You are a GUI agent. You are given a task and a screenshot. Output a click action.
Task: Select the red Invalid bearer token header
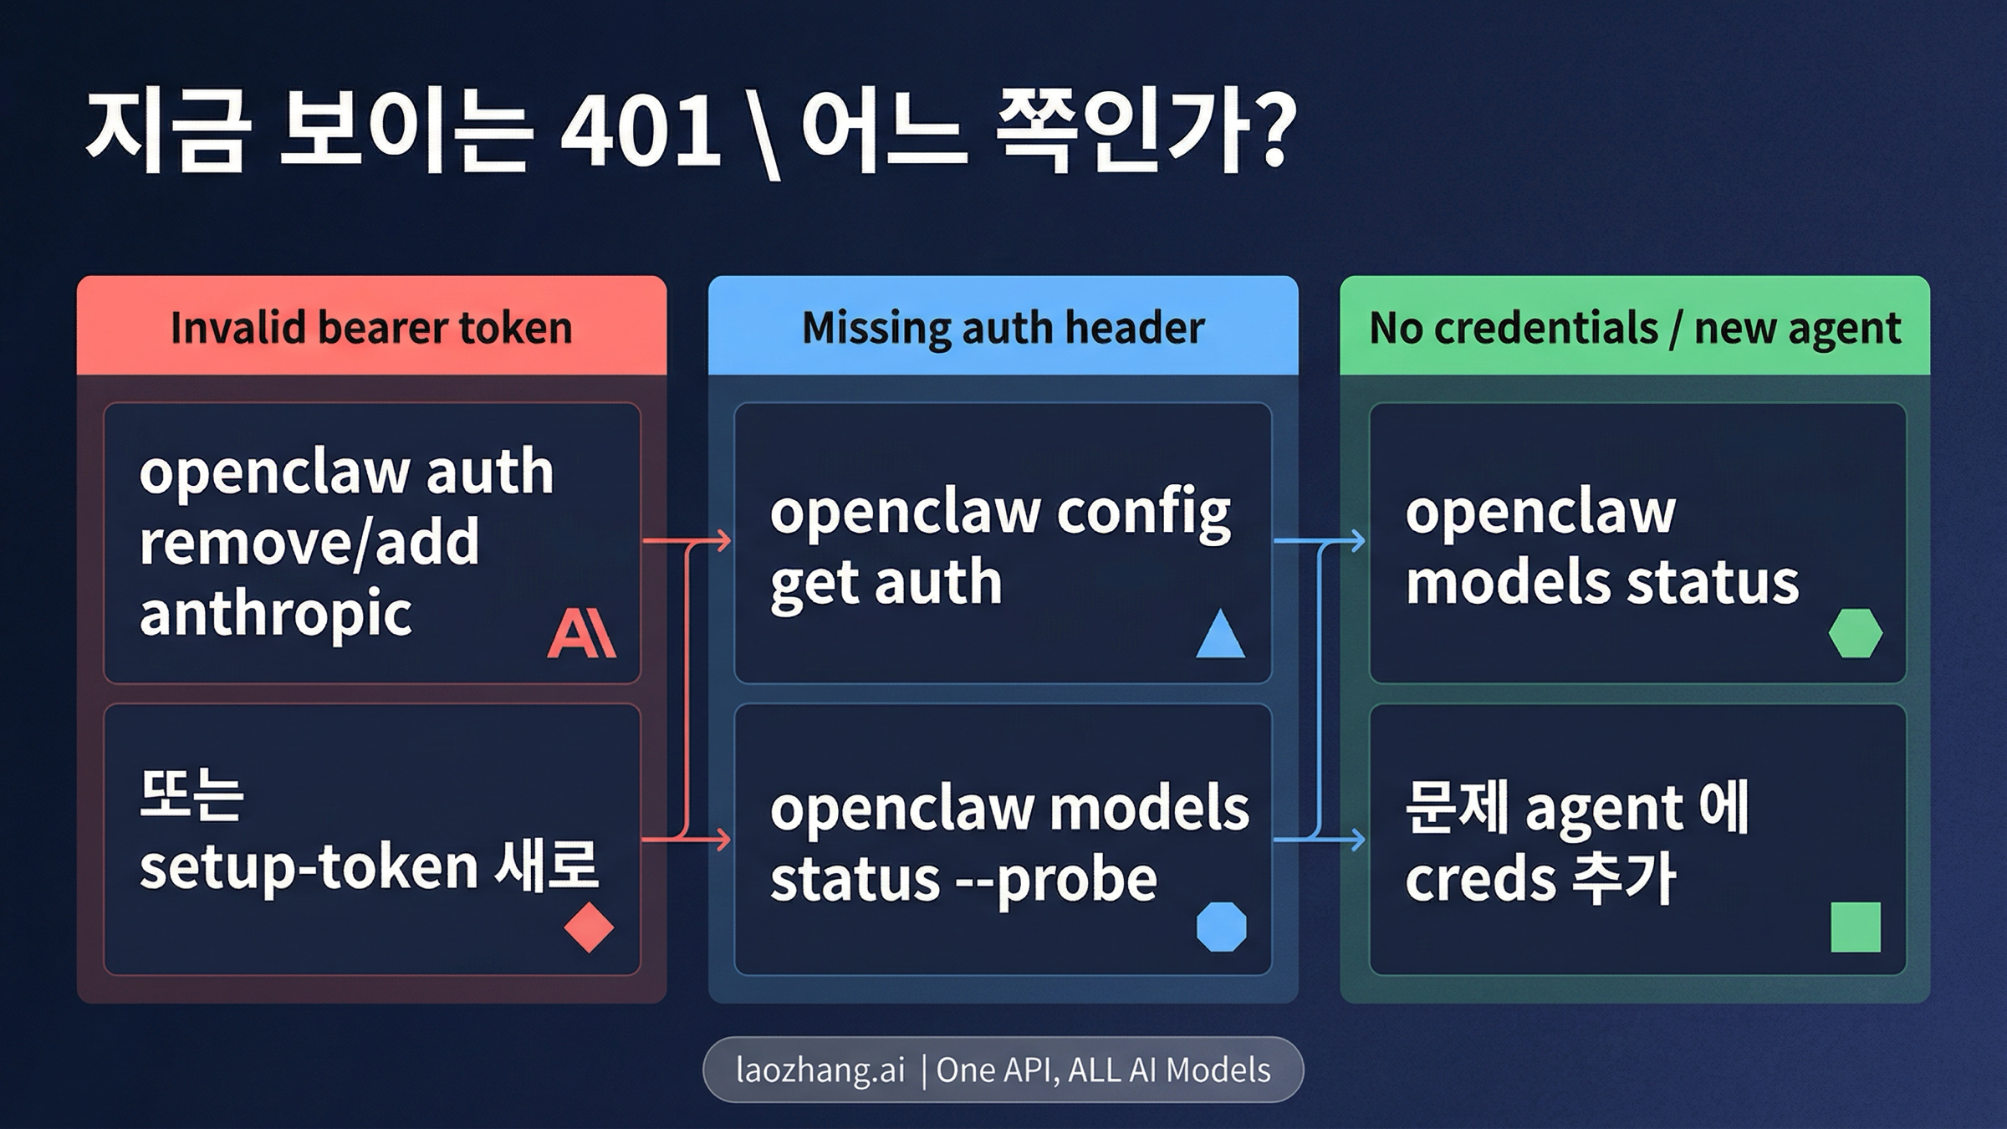click(x=371, y=326)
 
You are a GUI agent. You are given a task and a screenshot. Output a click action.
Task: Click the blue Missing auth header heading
click(x=1003, y=326)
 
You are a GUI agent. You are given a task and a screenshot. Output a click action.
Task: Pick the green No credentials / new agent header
click(x=1634, y=326)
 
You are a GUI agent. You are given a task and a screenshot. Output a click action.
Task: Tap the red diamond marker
click(x=589, y=927)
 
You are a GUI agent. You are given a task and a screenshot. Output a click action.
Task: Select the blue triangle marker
click(x=1220, y=635)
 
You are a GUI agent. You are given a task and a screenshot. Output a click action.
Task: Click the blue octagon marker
click(x=1221, y=927)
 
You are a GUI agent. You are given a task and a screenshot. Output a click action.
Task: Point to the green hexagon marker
click(x=1855, y=633)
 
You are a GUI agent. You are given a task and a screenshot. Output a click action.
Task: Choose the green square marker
click(x=1855, y=927)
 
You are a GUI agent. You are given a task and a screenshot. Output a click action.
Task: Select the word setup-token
click(x=309, y=867)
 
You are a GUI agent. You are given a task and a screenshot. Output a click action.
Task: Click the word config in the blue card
click(x=1143, y=513)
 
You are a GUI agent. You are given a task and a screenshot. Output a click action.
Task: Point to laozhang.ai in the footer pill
click(x=820, y=1070)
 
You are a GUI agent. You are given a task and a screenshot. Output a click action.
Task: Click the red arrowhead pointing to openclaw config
click(x=723, y=541)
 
